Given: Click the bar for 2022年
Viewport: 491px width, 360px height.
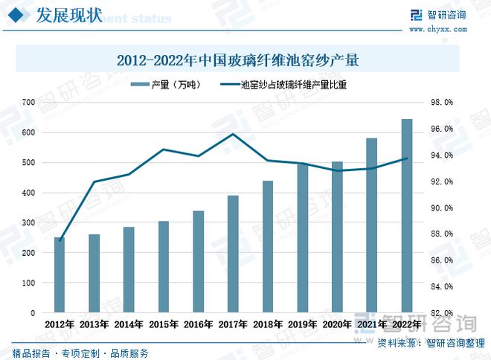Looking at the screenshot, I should pos(406,216).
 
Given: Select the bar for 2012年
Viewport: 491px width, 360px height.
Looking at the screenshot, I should pos(60,274).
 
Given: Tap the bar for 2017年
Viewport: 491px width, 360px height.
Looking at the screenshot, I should pos(233,254).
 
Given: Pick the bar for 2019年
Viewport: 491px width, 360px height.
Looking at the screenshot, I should pos(302,238).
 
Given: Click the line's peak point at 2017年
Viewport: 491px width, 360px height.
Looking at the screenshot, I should pos(233,134).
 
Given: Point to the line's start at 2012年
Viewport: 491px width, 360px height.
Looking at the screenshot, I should pos(60,240).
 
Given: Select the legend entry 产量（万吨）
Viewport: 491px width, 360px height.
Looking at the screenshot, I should pos(173,85).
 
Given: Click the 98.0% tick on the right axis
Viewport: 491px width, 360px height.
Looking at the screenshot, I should pos(442,103).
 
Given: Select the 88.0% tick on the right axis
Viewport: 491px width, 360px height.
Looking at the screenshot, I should pos(442,234).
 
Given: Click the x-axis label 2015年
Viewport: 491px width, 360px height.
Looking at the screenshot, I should pos(164,324).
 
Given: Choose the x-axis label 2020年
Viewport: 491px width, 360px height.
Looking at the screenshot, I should pos(337,324).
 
